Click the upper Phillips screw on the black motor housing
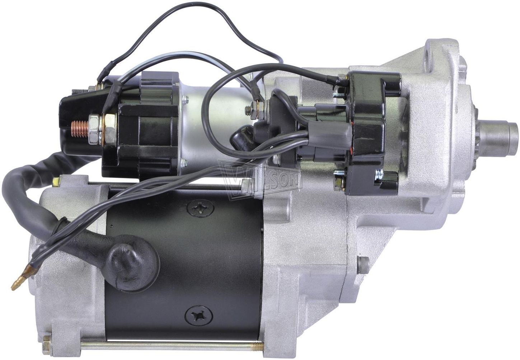pos(200,208)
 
